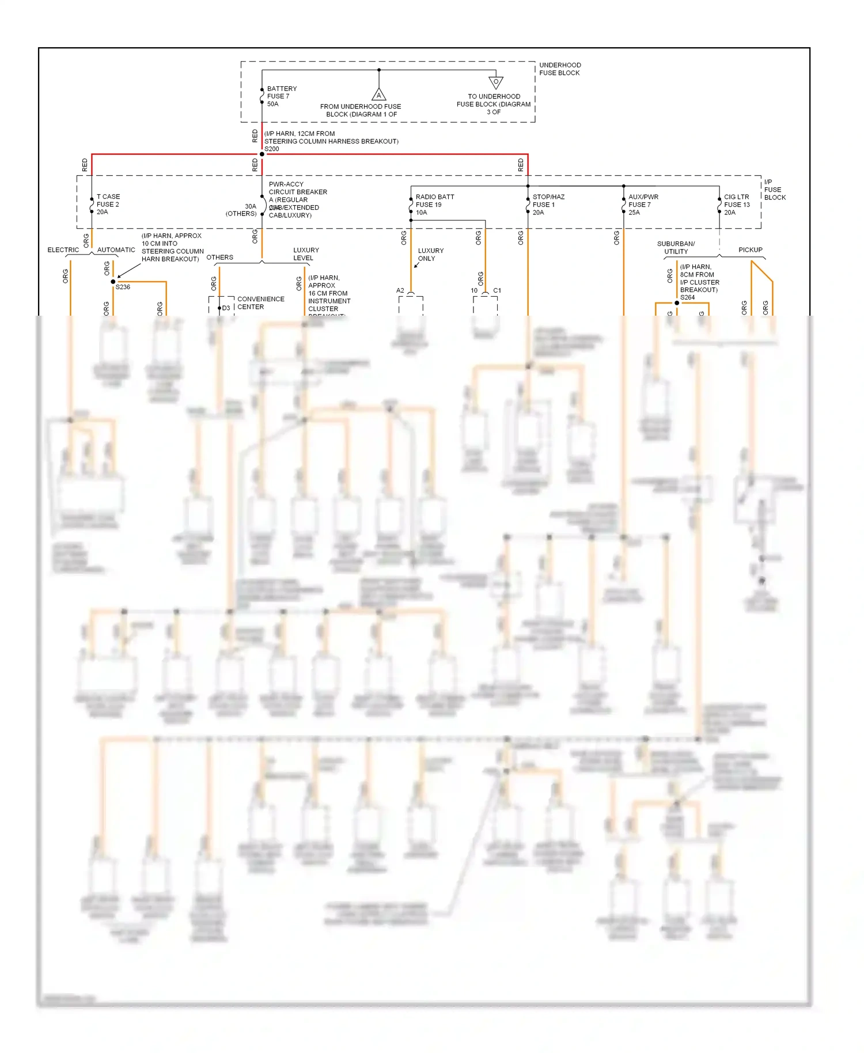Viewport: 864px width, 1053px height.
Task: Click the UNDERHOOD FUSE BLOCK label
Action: click(x=559, y=69)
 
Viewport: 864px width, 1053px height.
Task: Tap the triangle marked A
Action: click(x=378, y=95)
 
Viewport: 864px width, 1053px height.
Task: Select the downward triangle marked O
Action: click(x=495, y=82)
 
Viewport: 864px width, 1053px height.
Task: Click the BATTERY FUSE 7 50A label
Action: click(x=282, y=96)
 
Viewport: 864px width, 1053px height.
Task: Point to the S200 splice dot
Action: click(x=262, y=154)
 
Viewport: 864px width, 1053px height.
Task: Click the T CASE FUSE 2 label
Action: click(x=108, y=204)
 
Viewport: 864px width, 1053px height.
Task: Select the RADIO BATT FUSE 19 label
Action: click(x=434, y=204)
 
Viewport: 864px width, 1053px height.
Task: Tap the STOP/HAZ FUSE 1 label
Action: click(x=548, y=204)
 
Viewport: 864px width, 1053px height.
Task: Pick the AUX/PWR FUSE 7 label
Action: click(x=643, y=204)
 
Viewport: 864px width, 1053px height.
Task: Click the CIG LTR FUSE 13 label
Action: click(x=737, y=204)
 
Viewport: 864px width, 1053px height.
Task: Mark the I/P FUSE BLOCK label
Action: click(x=774, y=190)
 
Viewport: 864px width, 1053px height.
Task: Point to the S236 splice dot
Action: click(x=113, y=282)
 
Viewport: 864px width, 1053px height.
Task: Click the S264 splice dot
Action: click(x=677, y=303)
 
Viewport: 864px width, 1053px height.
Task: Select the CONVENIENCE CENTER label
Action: click(x=260, y=303)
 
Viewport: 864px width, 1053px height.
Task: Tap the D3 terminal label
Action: click(x=226, y=308)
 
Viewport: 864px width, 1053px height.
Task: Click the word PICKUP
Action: click(x=750, y=250)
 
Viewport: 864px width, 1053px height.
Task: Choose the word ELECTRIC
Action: click(x=63, y=250)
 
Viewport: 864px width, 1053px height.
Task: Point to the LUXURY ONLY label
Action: click(x=430, y=255)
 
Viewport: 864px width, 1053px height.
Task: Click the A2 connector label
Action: click(x=400, y=290)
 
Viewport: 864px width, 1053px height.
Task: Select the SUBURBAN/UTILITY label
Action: click(x=676, y=248)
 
